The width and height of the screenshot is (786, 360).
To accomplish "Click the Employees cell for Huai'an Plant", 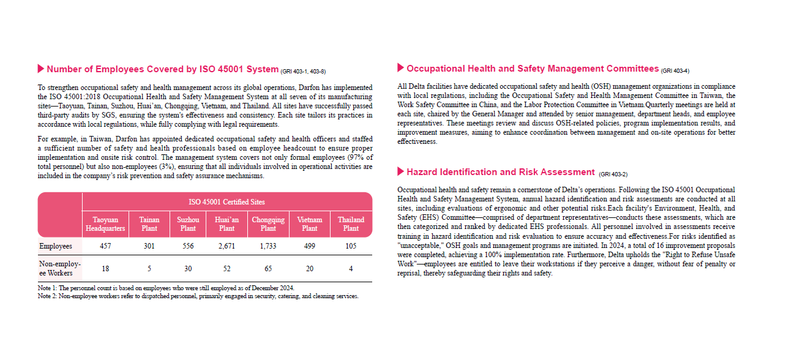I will click(x=226, y=246).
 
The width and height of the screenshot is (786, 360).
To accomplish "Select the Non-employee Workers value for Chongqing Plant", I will click(x=268, y=268).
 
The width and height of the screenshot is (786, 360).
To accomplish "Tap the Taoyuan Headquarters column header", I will click(x=105, y=224).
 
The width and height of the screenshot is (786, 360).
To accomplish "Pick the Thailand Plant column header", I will click(x=351, y=224).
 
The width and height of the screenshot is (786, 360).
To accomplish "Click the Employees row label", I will click(x=56, y=246).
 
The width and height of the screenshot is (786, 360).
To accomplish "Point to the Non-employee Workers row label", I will click(x=59, y=268).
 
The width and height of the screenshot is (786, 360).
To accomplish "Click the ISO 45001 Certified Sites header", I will click(x=226, y=201).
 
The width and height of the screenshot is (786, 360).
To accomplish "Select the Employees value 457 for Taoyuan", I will click(x=105, y=246).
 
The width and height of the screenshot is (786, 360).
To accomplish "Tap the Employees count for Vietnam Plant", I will click(x=309, y=246).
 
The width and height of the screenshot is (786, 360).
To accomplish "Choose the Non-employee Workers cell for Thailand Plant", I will click(x=351, y=268).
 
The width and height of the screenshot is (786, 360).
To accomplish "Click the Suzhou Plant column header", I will click(x=188, y=224).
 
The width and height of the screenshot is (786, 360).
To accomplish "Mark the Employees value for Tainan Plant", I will click(x=149, y=246).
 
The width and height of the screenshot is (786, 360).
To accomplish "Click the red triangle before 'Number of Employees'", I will click(x=41, y=68).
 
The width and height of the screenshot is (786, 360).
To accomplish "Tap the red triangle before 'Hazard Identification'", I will click(x=400, y=171).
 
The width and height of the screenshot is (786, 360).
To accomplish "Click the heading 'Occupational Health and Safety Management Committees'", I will click(x=532, y=69).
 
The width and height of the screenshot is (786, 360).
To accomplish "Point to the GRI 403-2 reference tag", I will click(x=613, y=174).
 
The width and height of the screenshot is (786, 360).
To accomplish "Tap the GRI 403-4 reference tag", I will click(x=675, y=71).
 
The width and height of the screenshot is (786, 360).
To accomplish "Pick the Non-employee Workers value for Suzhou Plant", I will click(x=188, y=268).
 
